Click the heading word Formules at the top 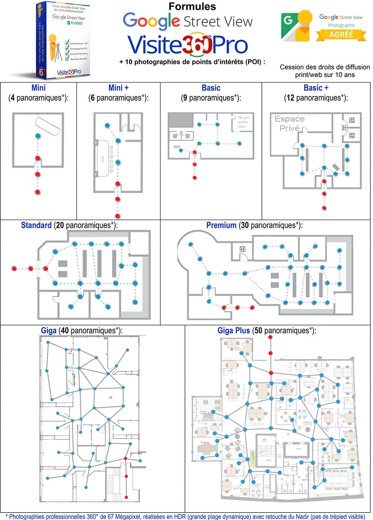tap(192, 6)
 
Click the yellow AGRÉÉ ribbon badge tap(341, 34)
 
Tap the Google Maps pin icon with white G tap(297, 26)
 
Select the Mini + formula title tap(118, 88)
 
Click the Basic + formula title tap(316, 88)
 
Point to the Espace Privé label tap(289, 123)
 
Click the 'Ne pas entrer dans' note tap(243, 122)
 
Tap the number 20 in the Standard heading tap(59, 225)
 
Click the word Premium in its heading tap(221, 225)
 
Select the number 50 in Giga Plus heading tap(258, 331)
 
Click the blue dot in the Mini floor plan tap(37, 136)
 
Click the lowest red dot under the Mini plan tap(37, 192)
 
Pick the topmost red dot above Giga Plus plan tap(270, 337)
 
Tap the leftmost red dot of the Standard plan tap(14, 269)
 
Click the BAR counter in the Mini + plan tap(103, 159)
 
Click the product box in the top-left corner tap(63, 39)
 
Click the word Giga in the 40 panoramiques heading tap(48, 331)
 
